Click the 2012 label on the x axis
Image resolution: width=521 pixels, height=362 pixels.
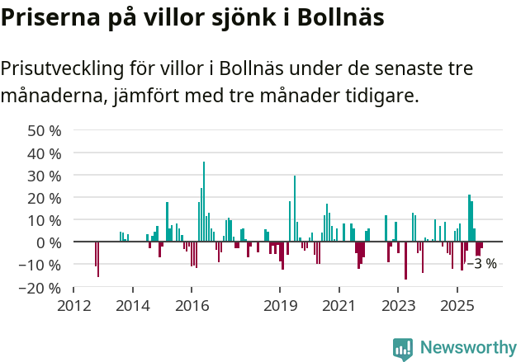73,305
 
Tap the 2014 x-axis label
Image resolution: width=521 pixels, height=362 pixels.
132,305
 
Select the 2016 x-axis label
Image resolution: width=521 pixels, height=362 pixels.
191,305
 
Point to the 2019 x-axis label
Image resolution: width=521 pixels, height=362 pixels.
279,305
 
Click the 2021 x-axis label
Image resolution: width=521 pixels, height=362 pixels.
338,305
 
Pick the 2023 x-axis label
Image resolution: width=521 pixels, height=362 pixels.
397,305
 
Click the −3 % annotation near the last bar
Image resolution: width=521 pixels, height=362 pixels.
482,264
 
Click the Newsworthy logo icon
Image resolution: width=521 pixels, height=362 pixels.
403,348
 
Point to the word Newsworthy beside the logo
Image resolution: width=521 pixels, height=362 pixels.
467,348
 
